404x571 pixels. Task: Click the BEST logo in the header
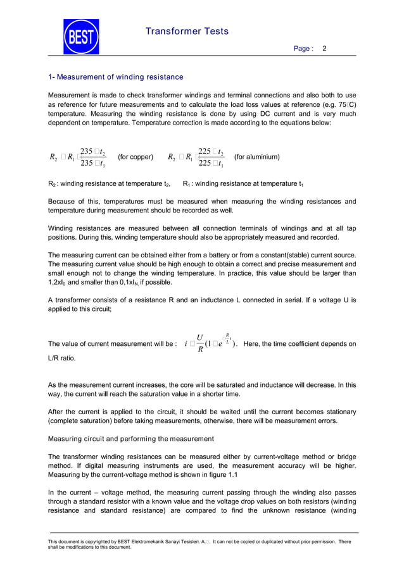pyautogui.click(x=80, y=37)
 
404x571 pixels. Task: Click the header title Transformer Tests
pyautogui.click(x=187, y=31)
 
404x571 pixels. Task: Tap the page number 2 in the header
pyautogui.click(x=325, y=49)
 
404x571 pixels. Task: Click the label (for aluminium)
pyautogui.click(x=256, y=157)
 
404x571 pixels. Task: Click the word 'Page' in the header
pyautogui.click(x=301, y=49)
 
